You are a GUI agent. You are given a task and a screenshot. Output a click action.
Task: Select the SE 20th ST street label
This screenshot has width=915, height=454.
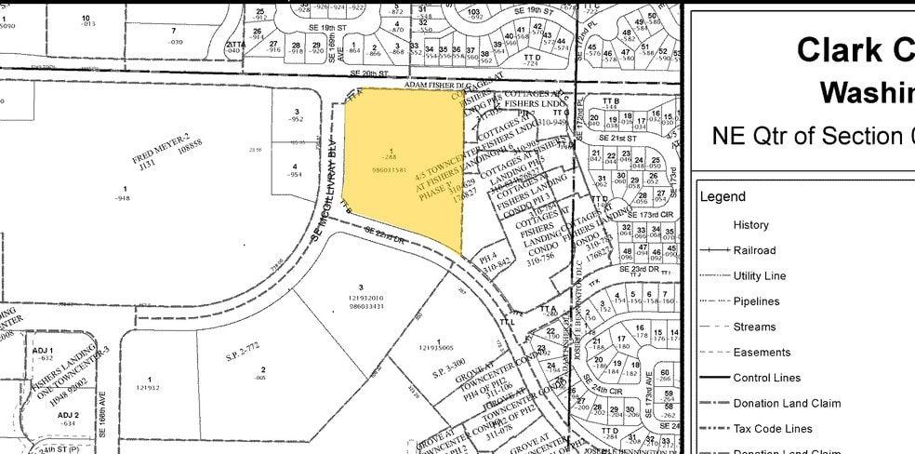point(368,73)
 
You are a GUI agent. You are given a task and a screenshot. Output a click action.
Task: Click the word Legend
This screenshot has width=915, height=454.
point(723,196)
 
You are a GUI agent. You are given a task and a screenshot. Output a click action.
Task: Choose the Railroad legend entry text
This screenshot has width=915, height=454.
point(754,250)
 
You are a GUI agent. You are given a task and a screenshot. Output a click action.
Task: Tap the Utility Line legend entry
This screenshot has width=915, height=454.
point(760,275)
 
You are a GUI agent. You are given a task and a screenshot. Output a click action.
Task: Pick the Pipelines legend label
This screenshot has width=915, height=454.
point(756,301)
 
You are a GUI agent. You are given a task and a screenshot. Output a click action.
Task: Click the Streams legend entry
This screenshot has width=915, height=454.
point(754,327)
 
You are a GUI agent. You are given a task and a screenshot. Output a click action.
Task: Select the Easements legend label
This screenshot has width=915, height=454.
point(762,352)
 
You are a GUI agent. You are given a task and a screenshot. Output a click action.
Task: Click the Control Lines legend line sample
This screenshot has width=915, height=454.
point(713,378)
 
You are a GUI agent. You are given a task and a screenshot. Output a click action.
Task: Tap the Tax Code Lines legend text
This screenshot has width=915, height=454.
point(773,429)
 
